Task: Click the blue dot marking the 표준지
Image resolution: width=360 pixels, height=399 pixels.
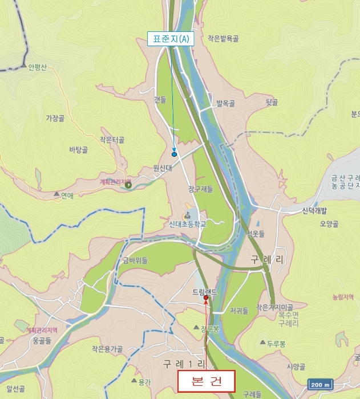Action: click(x=174, y=154)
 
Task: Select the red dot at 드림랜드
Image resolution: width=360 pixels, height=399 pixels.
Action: click(x=206, y=298)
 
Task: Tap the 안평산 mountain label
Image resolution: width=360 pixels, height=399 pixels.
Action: click(x=37, y=67)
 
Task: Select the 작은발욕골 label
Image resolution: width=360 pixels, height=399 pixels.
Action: click(x=223, y=39)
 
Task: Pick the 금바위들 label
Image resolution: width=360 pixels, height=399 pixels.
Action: click(x=135, y=260)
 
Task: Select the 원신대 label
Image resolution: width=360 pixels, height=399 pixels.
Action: click(x=163, y=168)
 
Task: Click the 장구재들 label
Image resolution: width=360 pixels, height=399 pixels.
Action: click(x=200, y=189)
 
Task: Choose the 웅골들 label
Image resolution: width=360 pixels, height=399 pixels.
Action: click(x=42, y=340)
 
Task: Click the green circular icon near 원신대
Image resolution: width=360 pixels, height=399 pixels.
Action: click(x=128, y=185)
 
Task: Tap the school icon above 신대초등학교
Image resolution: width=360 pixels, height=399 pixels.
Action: click(x=187, y=215)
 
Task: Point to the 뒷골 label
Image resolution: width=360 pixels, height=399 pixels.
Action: click(x=272, y=103)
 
